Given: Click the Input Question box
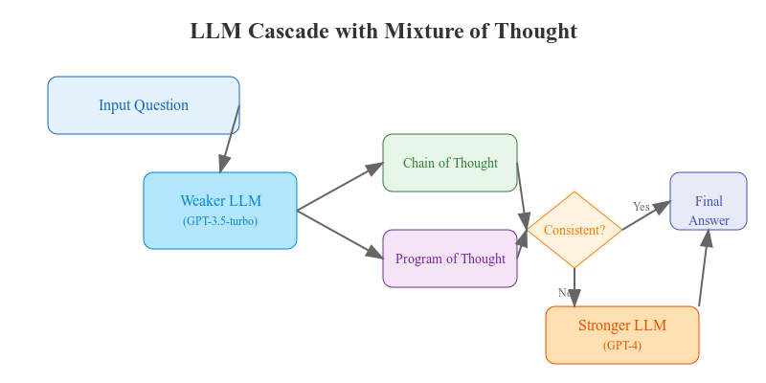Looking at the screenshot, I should (144, 105).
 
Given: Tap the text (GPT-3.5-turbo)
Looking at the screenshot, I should (220, 221).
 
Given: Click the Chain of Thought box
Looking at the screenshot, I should (450, 163).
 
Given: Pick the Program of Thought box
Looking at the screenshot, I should (450, 259).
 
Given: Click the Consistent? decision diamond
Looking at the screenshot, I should (574, 230).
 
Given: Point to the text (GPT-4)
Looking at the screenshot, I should (622, 346).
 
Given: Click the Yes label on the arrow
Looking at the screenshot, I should (642, 207).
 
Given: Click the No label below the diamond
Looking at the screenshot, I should (564, 293).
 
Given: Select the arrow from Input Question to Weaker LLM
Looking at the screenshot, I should (230, 139).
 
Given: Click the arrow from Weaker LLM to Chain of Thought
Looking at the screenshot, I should (340, 187).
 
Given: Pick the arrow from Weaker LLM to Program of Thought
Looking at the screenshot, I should (340, 235).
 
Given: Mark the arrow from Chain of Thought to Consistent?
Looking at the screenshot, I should (522, 196).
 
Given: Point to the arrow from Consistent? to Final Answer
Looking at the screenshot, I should (646, 215).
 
